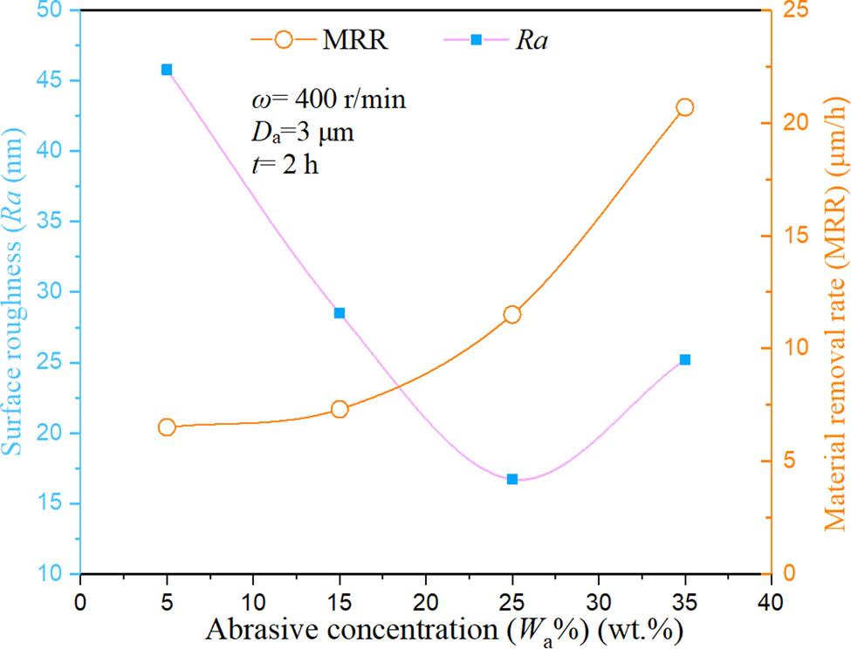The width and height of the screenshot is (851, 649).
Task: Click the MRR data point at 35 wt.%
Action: (x=684, y=107)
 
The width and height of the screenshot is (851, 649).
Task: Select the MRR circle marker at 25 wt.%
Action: (x=512, y=315)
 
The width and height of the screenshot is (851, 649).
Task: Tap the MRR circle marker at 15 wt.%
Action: (x=340, y=409)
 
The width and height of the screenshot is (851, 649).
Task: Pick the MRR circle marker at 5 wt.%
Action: (x=167, y=427)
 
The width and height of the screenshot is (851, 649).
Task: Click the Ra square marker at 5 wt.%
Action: (x=167, y=70)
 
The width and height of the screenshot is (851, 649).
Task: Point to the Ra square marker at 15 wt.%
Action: (x=340, y=313)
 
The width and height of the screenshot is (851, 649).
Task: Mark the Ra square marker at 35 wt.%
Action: (x=685, y=359)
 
